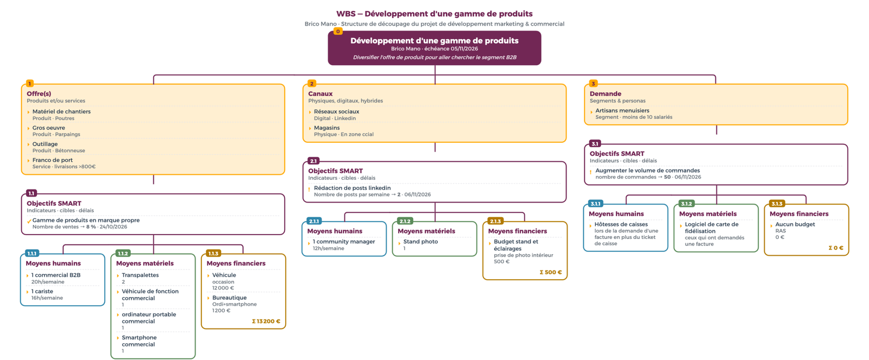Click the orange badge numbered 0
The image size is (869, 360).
pos(338,31)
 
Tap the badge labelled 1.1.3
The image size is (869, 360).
pos(213,254)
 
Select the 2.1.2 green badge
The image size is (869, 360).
pos(405,221)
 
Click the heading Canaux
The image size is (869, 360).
pos(320,93)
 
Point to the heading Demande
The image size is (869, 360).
pos(605,93)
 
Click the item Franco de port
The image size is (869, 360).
pos(52,160)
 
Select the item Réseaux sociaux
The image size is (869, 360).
pos(336,111)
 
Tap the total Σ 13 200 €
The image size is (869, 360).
pos(266,321)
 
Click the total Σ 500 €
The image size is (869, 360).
pos(551,273)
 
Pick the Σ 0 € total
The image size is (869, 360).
pos(836,248)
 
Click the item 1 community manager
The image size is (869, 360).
pos(344,241)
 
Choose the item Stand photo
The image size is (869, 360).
pos(420,241)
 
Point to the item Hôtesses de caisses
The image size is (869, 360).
pos(621,224)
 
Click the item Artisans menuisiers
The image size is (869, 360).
pos(622,111)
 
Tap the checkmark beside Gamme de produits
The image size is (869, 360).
pos(29,222)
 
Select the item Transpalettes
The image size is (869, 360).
pos(140,275)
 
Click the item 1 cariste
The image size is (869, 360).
pos(42,292)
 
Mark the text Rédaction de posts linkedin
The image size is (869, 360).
pos(352,188)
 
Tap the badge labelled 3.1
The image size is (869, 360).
pos(595,143)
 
